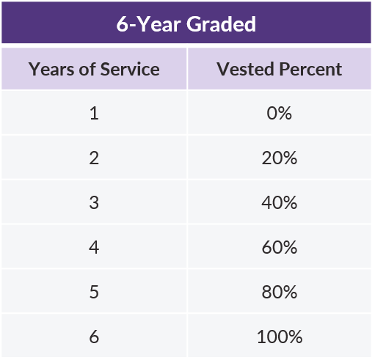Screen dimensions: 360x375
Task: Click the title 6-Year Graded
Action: [186, 23]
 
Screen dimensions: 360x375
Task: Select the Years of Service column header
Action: [94, 69]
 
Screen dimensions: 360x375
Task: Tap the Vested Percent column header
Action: [280, 69]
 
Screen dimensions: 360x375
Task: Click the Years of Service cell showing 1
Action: [94, 113]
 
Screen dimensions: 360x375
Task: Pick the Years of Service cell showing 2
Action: [94, 158]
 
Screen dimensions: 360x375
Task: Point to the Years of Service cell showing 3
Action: [94, 202]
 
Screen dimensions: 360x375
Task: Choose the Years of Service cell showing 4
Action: [94, 247]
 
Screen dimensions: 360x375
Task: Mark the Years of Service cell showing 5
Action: [94, 292]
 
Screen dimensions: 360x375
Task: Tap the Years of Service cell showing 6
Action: [94, 337]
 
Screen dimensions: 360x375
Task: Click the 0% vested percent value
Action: [280, 113]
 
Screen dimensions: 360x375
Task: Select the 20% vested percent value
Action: [280, 158]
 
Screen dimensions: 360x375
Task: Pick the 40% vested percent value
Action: [280, 202]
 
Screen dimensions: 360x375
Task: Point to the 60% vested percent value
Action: [280, 247]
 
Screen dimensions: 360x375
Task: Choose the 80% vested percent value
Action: [280, 292]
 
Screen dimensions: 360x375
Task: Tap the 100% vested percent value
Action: [280, 337]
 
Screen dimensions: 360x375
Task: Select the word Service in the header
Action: [132, 69]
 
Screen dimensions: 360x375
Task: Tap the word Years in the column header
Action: [48, 69]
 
